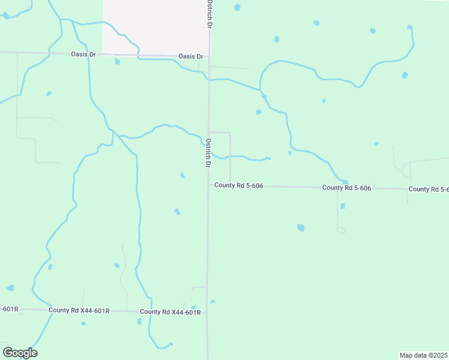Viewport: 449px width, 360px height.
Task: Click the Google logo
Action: [20, 353]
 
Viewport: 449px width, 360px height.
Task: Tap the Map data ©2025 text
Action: [423, 355]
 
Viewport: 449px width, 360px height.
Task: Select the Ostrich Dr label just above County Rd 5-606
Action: [208, 153]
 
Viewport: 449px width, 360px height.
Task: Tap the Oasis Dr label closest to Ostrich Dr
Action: [191, 56]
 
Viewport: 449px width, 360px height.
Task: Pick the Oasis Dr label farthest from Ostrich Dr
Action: [83, 55]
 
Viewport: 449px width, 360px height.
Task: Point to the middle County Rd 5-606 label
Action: [346, 188]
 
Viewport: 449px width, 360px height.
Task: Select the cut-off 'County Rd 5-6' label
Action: [428, 189]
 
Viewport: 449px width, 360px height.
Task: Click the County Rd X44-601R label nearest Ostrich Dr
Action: [170, 312]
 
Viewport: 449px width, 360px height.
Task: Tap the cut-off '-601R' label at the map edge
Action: [9, 309]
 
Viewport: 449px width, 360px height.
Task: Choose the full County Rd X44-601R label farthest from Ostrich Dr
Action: [79, 310]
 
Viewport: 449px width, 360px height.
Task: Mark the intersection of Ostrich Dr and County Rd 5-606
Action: [208, 185]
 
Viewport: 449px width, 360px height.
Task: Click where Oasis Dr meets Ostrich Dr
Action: [209, 57]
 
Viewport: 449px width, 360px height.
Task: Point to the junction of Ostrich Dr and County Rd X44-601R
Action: [208, 312]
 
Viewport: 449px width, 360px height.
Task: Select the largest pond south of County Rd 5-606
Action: [301, 227]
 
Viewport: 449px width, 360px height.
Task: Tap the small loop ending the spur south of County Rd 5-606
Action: [341, 230]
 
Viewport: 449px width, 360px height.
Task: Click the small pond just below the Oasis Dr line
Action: [118, 62]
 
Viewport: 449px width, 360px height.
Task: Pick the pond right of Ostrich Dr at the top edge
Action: [237, 7]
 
